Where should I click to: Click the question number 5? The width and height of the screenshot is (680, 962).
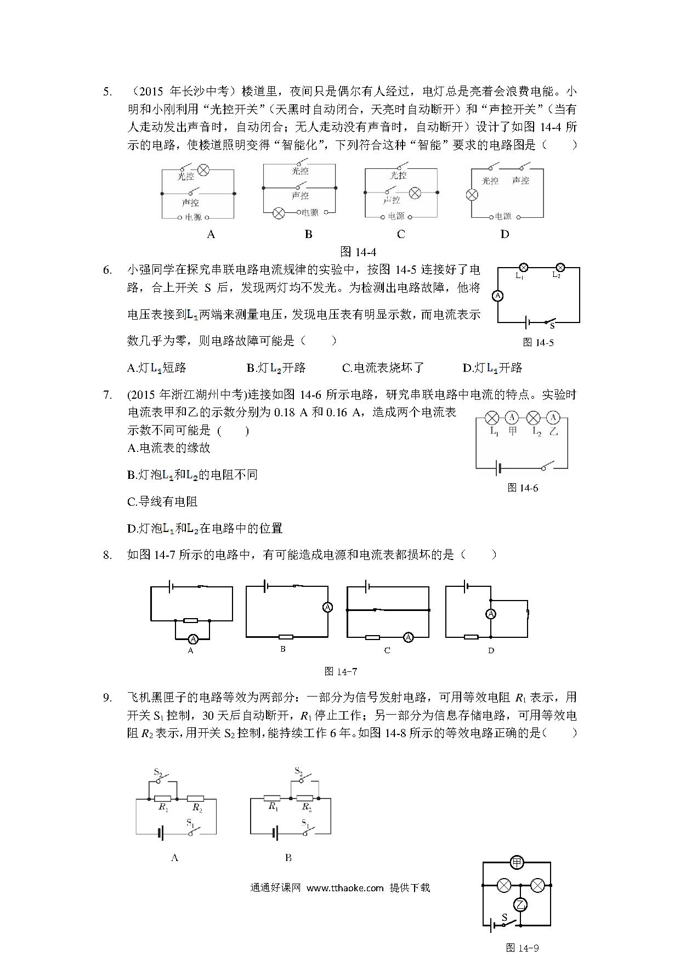(x=107, y=92)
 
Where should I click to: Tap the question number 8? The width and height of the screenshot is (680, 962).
(x=107, y=554)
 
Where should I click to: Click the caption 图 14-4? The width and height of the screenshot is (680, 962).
(x=358, y=252)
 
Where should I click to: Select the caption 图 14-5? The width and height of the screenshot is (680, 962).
(x=538, y=342)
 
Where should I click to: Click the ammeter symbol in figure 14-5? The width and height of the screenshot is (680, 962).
(x=498, y=296)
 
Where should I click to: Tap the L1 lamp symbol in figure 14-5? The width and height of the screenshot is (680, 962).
(x=523, y=268)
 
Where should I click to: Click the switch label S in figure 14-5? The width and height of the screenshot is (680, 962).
(x=552, y=326)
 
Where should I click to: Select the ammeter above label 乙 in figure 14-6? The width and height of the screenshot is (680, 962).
(x=553, y=418)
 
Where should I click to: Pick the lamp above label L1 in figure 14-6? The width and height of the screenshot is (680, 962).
(x=492, y=418)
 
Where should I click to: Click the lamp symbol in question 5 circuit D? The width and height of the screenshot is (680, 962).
(x=472, y=195)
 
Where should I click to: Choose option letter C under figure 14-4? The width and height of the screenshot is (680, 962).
(x=401, y=234)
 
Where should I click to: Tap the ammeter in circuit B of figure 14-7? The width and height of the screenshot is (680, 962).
(x=327, y=608)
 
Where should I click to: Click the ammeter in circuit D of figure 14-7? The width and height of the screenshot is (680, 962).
(x=491, y=614)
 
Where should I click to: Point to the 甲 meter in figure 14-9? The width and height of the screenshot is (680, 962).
(x=517, y=863)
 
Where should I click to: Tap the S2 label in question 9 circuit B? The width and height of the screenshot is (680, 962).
(x=299, y=771)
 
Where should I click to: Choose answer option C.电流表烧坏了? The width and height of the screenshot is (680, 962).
(x=383, y=368)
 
